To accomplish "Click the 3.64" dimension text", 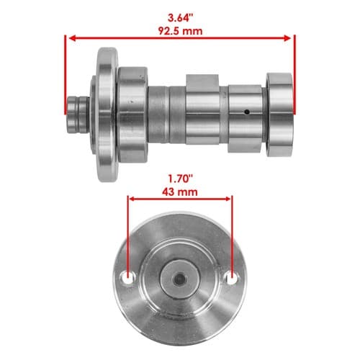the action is tap(180, 18).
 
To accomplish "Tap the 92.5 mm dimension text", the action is tap(180, 31).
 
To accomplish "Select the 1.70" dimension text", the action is tap(180, 179).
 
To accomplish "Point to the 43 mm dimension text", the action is tap(180, 192).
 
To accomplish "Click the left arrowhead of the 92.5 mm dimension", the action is tap(72, 38).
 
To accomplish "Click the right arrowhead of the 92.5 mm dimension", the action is tap(287, 38).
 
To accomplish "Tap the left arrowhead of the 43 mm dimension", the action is tap(132, 199).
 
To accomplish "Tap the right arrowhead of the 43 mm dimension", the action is tap(227, 199).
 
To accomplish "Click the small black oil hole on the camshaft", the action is tap(247, 112).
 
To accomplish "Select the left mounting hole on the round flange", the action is tap(129, 278).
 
